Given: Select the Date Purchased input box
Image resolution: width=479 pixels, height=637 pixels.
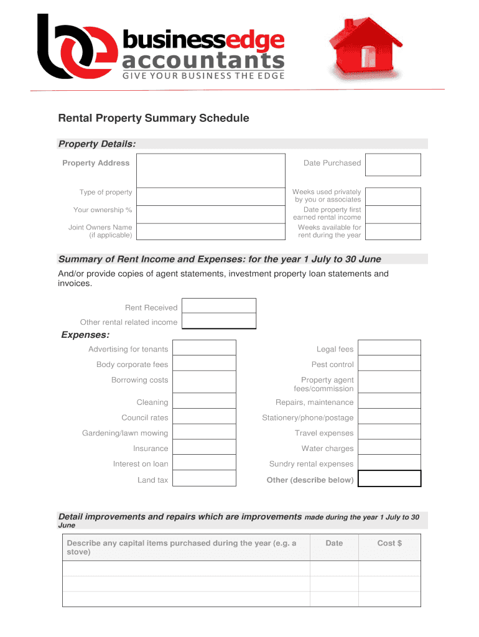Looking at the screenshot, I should click(x=393, y=164).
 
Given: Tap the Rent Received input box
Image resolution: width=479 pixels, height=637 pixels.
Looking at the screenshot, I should click(x=218, y=305).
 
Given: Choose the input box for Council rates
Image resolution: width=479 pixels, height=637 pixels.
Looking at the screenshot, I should click(x=204, y=417).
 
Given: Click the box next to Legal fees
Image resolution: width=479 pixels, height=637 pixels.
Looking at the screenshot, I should click(x=389, y=348).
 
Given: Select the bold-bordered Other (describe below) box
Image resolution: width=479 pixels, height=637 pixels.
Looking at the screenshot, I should click(x=389, y=478).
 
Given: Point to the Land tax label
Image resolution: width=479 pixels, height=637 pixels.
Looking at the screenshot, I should click(x=152, y=480).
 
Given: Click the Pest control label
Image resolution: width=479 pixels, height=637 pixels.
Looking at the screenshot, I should click(x=332, y=365).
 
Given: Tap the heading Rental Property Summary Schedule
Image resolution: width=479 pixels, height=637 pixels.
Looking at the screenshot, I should click(x=153, y=118).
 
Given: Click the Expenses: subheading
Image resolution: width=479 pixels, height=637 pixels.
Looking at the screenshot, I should click(x=85, y=336).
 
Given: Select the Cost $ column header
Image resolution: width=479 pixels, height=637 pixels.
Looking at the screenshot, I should click(x=389, y=543).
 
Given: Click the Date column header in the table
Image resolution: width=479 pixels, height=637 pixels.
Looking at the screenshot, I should click(x=334, y=543).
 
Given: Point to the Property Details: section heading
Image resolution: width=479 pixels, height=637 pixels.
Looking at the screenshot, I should click(x=97, y=144).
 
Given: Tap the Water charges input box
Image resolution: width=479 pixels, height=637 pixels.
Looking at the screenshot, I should click(x=389, y=448).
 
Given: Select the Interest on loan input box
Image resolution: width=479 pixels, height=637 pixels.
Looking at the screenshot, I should click(x=204, y=463).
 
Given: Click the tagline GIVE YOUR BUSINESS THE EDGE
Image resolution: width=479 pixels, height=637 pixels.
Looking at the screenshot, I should click(x=203, y=77).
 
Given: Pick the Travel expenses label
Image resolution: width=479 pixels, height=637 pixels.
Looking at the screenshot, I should click(x=323, y=433).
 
